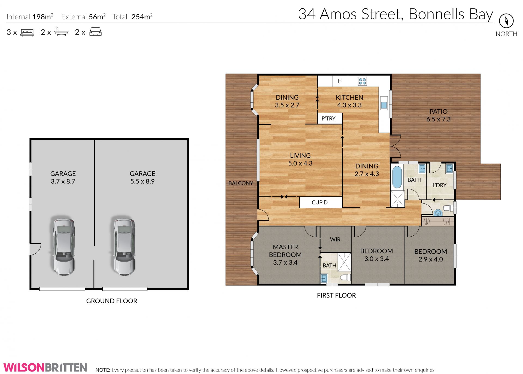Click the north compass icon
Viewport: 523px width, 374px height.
click(506, 21)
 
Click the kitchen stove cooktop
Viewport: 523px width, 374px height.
click(362, 81)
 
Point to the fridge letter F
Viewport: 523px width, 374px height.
click(339, 81)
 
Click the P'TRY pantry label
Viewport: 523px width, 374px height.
click(329, 118)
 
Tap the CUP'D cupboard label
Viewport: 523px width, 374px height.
click(320, 203)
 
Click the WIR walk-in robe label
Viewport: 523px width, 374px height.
click(335, 239)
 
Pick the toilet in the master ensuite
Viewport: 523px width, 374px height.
click(345, 278)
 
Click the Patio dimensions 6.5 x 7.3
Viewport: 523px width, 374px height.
click(438, 119)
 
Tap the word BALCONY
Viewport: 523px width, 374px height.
click(241, 183)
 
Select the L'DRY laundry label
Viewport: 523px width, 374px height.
click(439, 185)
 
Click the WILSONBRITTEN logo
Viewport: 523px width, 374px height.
click(45, 367)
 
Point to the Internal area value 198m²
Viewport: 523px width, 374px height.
click(43, 17)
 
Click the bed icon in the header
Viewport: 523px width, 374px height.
click(27, 33)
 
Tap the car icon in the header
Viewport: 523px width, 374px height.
click(95, 32)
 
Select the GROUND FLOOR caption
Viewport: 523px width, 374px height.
click(112, 301)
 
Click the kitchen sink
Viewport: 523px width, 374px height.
click(384, 105)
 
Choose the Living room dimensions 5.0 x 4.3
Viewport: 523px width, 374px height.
click(300, 163)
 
